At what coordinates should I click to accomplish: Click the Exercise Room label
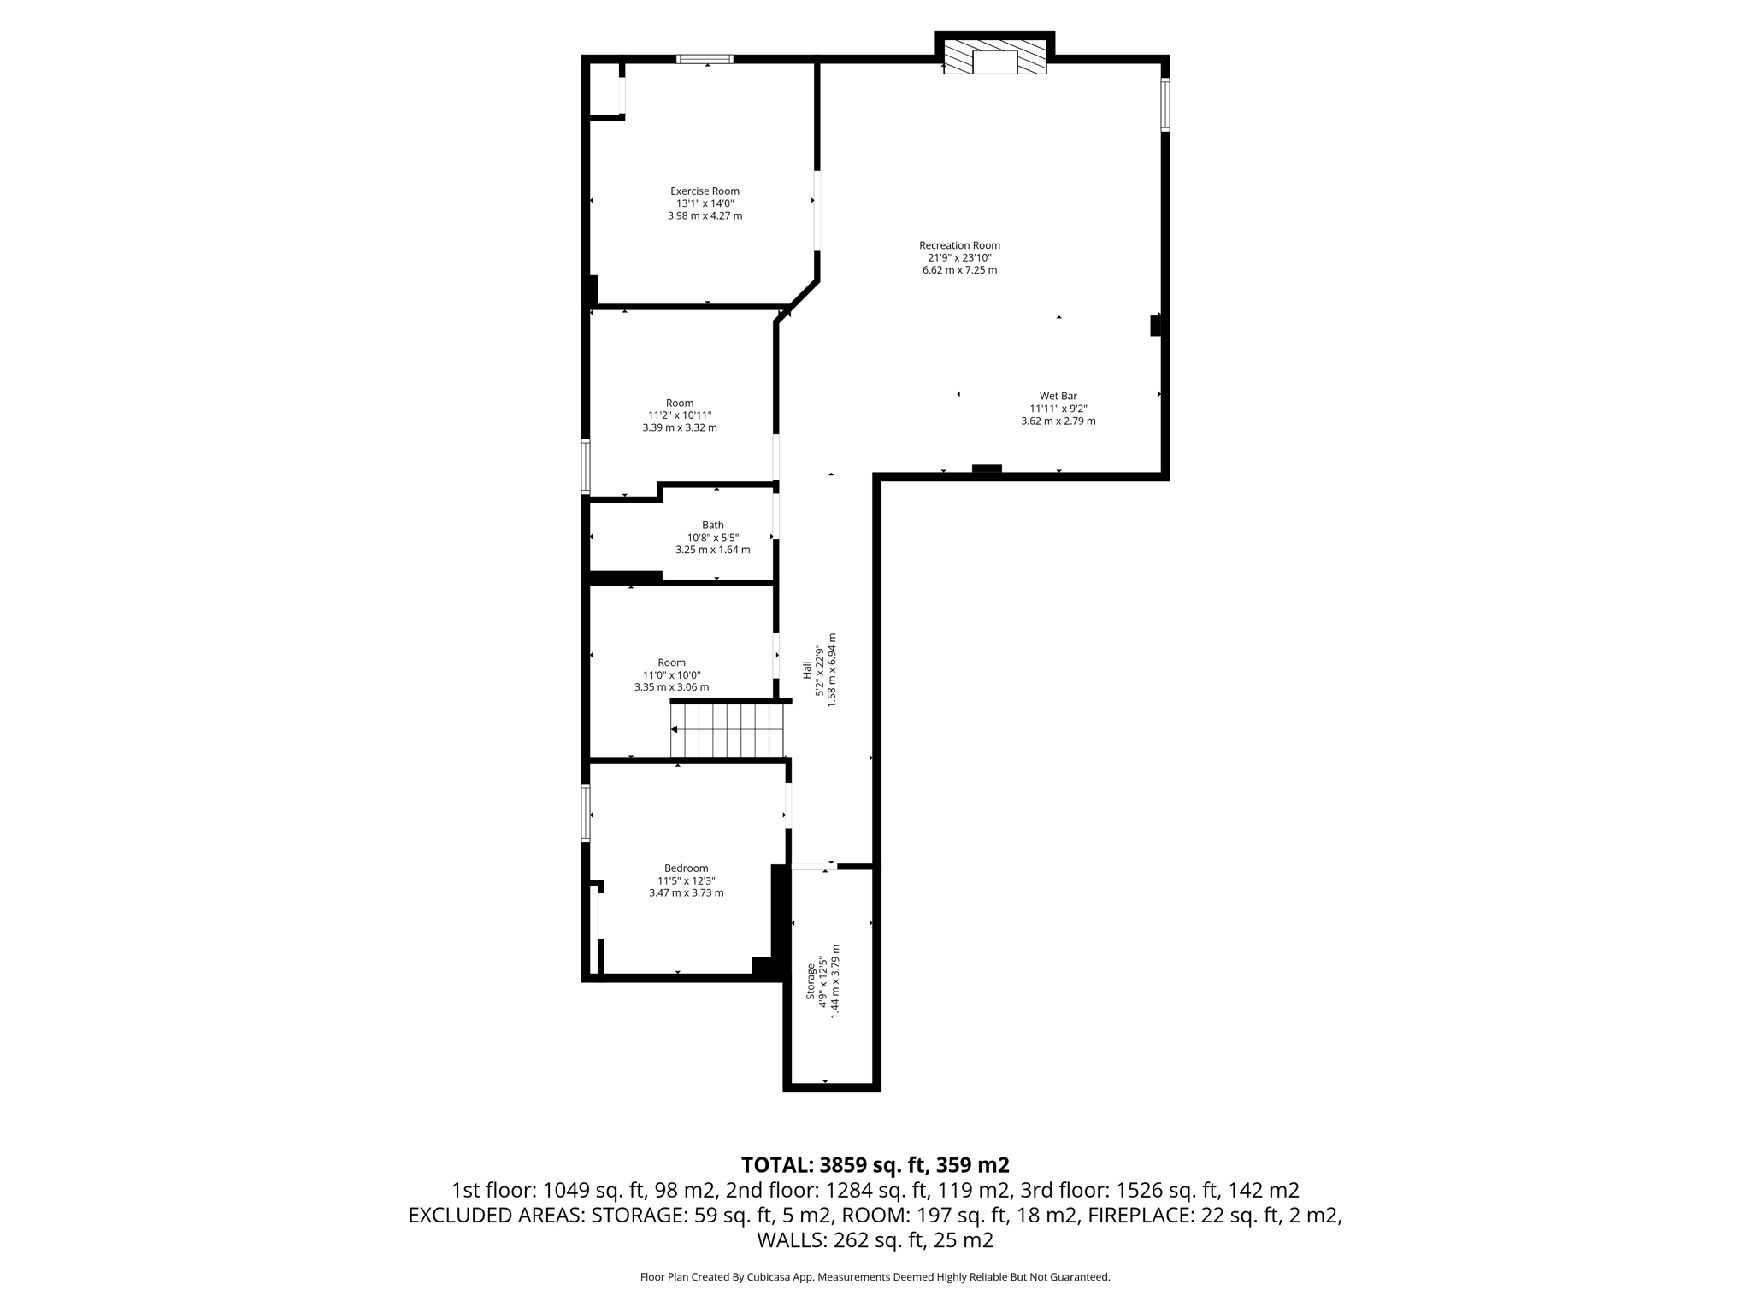coord(705,191)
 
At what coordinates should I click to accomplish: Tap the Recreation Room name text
coord(959,245)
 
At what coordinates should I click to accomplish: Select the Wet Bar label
coord(1058,396)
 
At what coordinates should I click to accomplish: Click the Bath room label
coord(712,525)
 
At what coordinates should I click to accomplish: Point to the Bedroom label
coord(686,868)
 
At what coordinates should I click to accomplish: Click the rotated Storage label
coord(811,981)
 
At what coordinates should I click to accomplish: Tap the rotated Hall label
coord(806,670)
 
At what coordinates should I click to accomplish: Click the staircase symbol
coord(728,729)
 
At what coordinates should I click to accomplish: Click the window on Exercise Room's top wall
coord(705,59)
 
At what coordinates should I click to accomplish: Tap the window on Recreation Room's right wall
coord(1164,105)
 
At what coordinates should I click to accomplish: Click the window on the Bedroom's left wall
coord(586,813)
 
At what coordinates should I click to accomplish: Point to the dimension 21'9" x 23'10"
coord(959,258)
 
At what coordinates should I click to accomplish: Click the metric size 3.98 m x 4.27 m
coord(705,216)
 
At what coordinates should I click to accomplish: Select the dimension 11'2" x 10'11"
coord(680,415)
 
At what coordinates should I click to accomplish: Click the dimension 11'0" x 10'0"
coord(671,675)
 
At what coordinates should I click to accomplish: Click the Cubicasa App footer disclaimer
coord(875,1277)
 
